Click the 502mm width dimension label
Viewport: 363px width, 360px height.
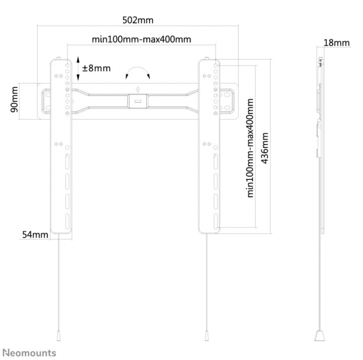coord(138,20)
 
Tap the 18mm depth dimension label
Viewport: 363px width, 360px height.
coord(336,43)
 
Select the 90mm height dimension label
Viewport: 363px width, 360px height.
coord(15,99)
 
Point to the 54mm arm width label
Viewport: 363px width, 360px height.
coord(35,234)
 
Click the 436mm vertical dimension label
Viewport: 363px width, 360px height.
coord(265,148)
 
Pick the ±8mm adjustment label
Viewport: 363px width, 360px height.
coord(96,68)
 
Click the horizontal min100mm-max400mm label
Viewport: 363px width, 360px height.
coord(142,39)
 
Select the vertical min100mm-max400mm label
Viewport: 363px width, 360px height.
coord(250,148)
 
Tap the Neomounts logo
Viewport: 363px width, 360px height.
coord(30,353)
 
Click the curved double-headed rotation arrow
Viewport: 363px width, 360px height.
coord(138,67)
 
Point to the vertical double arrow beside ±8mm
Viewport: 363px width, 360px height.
coord(78,68)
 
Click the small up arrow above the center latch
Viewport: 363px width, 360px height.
coord(138,89)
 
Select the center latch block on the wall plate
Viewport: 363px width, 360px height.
coord(138,101)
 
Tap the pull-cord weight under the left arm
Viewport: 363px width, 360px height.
coord(59,336)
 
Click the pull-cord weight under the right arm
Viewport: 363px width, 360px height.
coord(207,336)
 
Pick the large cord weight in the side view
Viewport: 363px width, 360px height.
coord(320,336)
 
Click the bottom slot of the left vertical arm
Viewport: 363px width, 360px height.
coord(67,221)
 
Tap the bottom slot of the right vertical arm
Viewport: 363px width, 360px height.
coord(216,221)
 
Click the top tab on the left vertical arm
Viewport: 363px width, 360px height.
coord(59,58)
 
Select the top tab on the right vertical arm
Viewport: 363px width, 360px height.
coord(207,58)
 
